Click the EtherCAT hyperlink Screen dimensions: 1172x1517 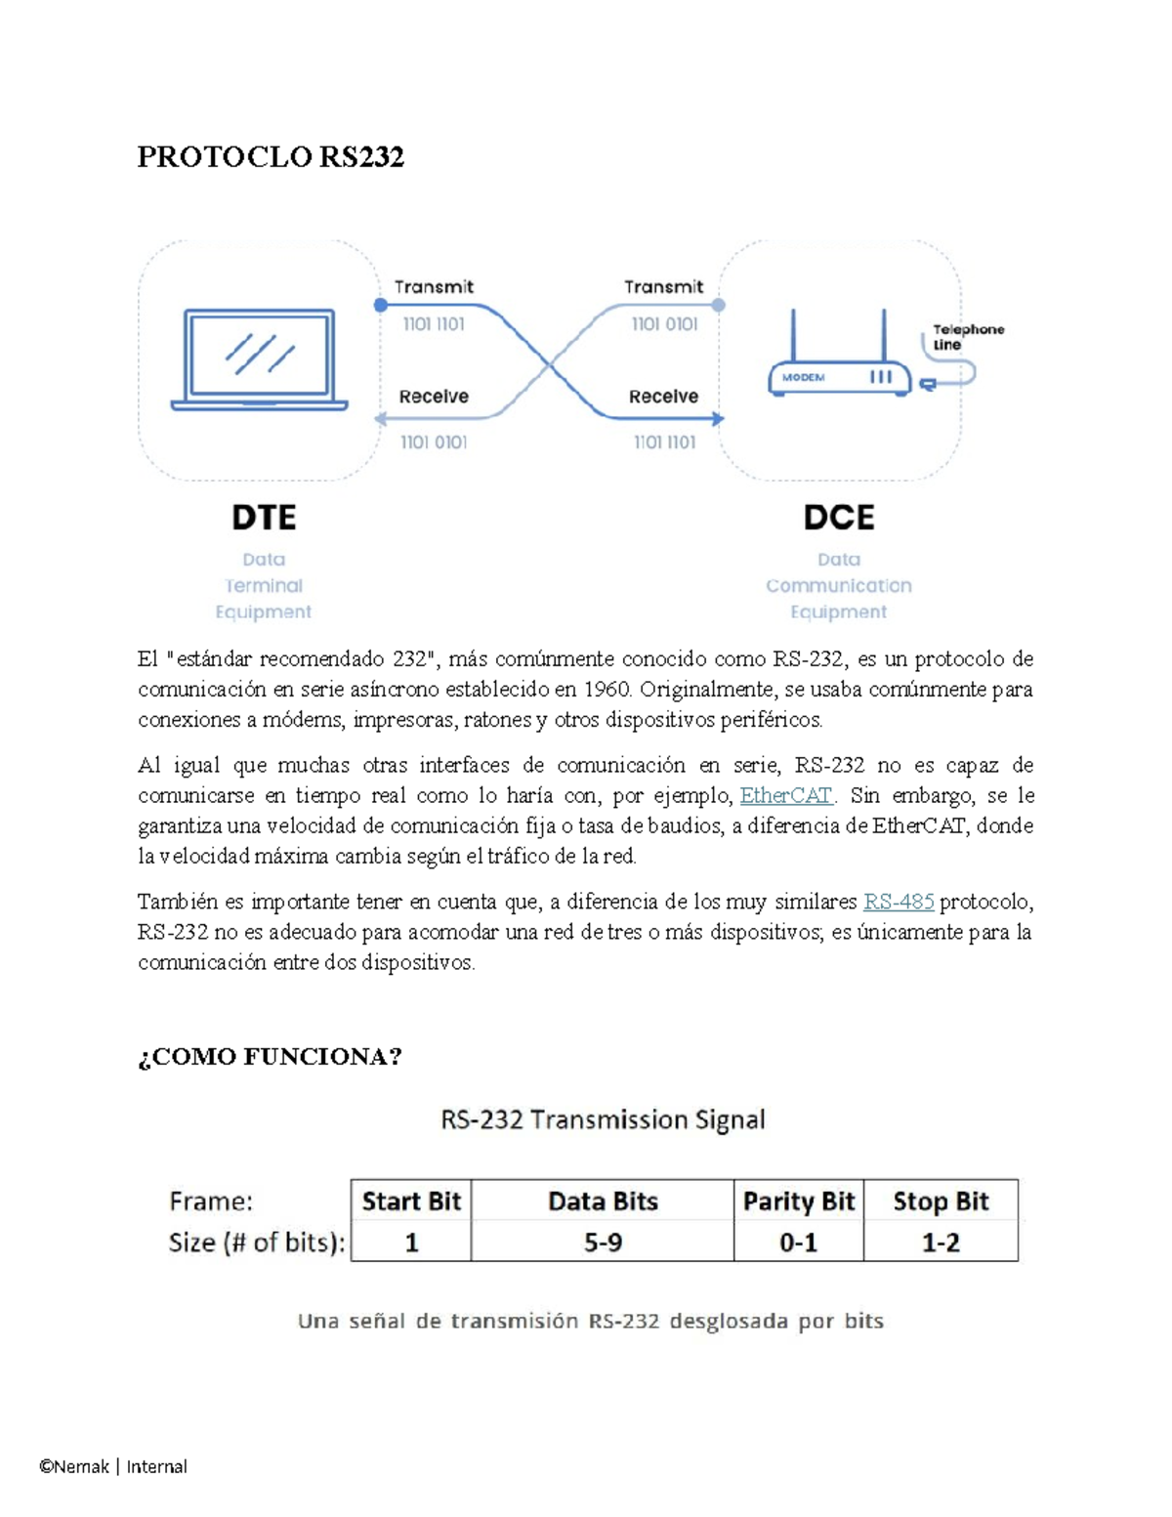(785, 795)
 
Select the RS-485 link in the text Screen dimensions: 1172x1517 (899, 902)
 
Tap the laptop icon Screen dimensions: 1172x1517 (259, 359)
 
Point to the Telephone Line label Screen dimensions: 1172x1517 (968, 337)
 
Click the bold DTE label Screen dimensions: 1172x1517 (264, 518)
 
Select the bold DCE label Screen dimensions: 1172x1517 (838, 518)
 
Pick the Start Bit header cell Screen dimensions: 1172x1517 (411, 1201)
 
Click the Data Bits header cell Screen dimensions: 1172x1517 (604, 1201)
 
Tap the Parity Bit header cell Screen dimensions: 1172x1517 (799, 1201)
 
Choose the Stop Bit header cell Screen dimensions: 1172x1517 (941, 1201)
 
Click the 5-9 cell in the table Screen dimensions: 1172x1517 (604, 1242)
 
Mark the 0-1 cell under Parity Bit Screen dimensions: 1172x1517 (799, 1242)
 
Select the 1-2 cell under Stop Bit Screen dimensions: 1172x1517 (941, 1242)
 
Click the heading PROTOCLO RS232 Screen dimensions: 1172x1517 (271, 157)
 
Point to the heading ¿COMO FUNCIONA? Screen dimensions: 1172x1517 (271, 1057)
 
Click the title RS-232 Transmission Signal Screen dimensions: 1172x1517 (604, 1119)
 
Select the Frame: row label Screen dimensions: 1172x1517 (211, 1201)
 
